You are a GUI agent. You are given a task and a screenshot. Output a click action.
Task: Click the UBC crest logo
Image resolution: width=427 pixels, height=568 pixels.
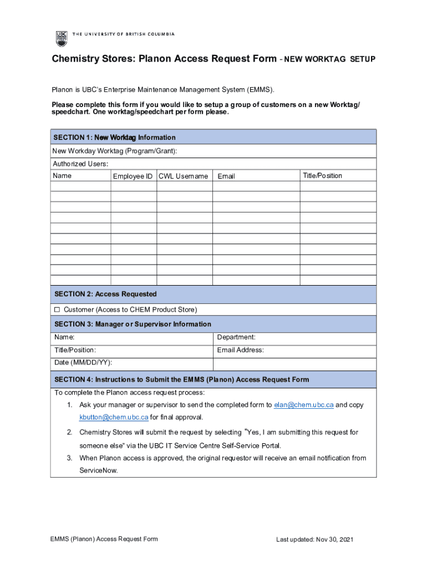(61, 38)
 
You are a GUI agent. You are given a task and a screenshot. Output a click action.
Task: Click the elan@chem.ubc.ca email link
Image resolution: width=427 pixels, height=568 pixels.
(304, 405)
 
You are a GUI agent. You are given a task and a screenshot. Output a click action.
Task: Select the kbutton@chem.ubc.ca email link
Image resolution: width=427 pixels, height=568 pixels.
(114, 417)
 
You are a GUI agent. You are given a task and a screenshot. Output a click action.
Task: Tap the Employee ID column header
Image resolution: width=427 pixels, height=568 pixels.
(133, 176)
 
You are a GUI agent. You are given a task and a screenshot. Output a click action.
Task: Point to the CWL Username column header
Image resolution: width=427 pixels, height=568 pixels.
(183, 176)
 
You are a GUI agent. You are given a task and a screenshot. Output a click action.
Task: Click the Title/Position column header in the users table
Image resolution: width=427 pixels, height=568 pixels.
(322, 176)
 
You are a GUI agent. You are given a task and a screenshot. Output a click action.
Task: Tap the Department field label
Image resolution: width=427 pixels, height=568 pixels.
(236, 337)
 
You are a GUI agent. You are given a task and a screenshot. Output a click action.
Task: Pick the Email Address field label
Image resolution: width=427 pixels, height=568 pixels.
(240, 350)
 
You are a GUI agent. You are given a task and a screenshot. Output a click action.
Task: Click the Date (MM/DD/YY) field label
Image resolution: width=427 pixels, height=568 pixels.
(83, 362)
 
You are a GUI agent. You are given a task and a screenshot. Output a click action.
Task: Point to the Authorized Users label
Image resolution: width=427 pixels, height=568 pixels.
(80, 164)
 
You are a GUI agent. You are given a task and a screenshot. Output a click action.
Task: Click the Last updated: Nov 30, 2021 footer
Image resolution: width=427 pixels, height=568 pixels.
(315, 540)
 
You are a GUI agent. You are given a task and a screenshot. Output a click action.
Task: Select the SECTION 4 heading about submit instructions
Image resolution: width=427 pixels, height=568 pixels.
(181, 379)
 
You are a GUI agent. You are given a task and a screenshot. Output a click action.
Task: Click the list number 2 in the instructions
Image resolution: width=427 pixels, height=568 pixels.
(70, 432)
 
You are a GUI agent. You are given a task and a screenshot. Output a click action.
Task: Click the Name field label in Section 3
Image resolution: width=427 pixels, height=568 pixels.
(64, 337)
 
